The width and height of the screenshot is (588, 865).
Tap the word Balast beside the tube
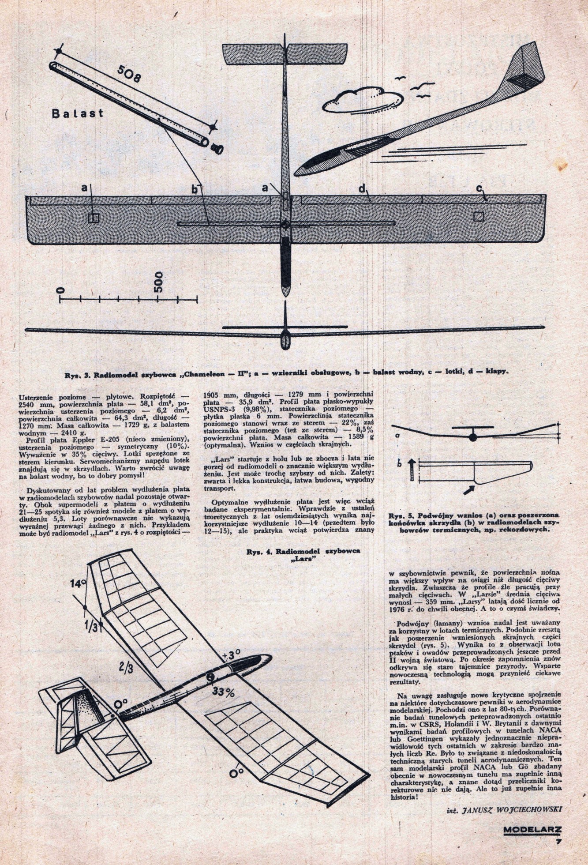[77, 113]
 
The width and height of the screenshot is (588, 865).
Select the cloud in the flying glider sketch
[357, 98]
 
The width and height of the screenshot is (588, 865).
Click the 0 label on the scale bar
[61, 290]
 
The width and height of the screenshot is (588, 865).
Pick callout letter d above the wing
[362, 189]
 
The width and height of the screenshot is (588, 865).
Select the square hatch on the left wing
[93, 218]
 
